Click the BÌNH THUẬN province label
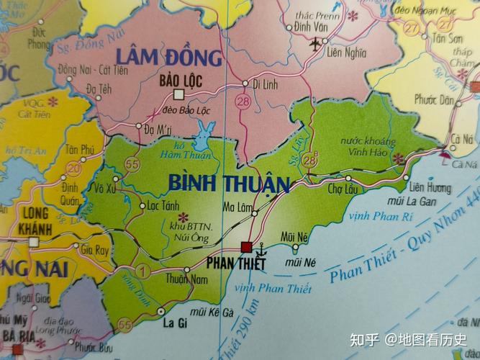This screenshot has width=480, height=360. [x=228, y=183]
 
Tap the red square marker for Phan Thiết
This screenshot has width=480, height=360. [x=247, y=247]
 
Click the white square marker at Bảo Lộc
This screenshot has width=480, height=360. [x=179, y=94]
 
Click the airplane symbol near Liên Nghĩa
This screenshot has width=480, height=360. [x=314, y=44]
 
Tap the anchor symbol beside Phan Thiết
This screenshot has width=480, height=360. [x=263, y=249]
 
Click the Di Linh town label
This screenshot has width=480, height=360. [x=266, y=84]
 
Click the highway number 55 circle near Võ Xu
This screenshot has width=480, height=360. [x=132, y=165]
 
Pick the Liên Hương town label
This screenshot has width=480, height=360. [x=429, y=187]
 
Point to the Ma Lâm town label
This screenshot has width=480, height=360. [x=239, y=206]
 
